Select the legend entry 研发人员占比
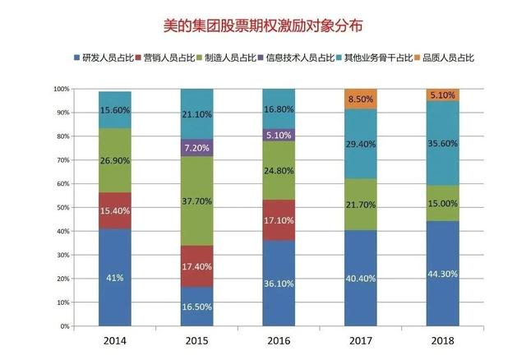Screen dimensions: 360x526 [x=107, y=58]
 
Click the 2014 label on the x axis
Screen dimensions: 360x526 [x=114, y=339]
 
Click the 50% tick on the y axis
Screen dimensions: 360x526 [x=62, y=207]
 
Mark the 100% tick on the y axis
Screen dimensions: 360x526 [x=62, y=89]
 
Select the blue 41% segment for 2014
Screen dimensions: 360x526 [x=114, y=277]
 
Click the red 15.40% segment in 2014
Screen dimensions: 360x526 [x=114, y=210]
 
